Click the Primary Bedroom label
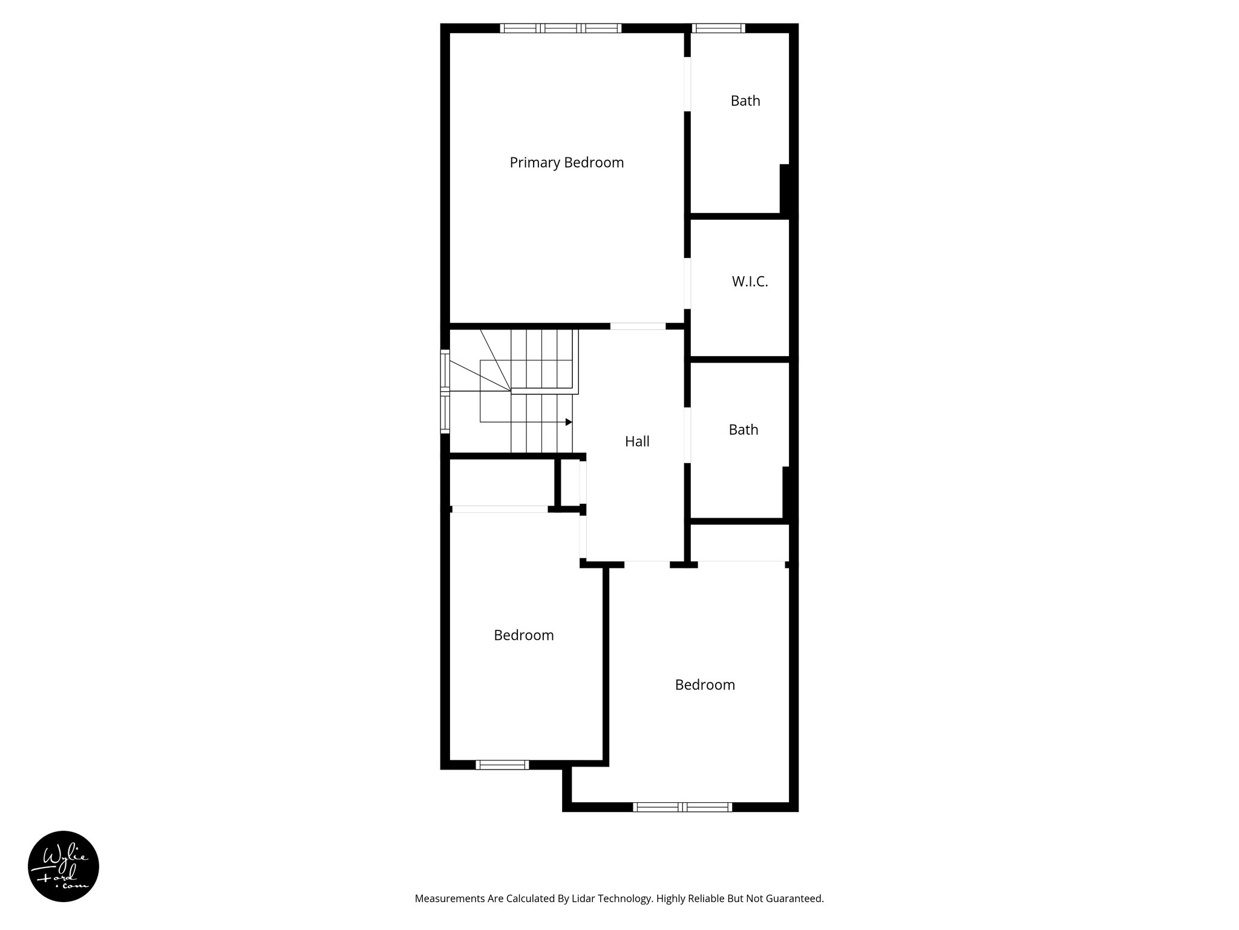click(566, 162)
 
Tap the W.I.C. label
click(750, 282)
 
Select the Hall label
click(637, 441)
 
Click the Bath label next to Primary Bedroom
click(745, 101)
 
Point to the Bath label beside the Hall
click(743, 430)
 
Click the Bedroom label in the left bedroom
click(523, 635)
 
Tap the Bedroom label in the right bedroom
click(705, 685)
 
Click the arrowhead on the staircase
click(569, 422)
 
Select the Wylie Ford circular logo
click(64, 866)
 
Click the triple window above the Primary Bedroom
click(561, 28)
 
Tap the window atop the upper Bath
click(718, 28)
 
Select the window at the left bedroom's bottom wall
click(502, 765)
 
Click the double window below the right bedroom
click(682, 806)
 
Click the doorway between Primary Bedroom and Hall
click(638, 326)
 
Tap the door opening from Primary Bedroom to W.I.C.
click(687, 283)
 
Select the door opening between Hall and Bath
click(687, 436)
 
